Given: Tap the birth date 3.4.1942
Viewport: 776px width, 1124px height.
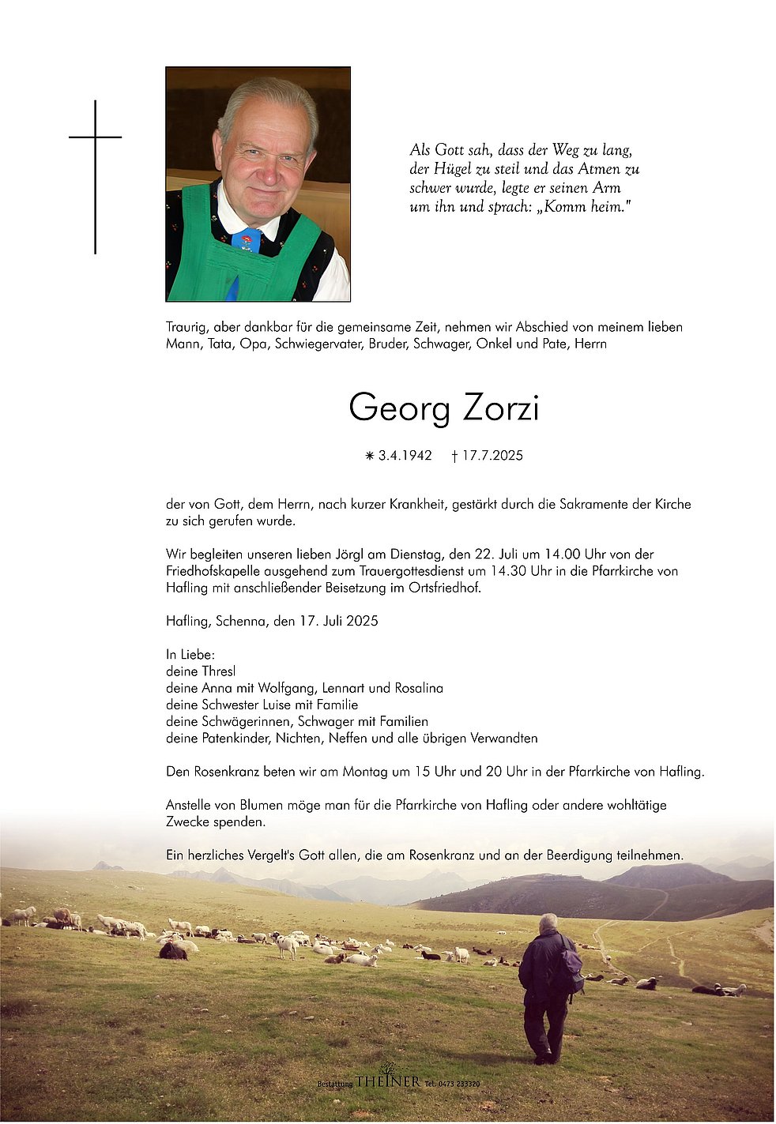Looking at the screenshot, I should click(405, 456).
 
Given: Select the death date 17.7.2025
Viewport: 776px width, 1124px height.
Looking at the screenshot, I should click(492, 456).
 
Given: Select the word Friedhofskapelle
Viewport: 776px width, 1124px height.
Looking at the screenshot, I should click(214, 571).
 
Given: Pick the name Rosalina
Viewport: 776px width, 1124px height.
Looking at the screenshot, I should click(417, 688).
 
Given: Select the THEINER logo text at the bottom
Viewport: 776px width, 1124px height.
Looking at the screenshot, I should click(387, 1081).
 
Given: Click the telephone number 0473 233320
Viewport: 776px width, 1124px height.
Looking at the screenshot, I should click(458, 1084).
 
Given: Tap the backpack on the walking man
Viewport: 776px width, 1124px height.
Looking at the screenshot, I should click(571, 964).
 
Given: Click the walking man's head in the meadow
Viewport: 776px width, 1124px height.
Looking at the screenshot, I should click(548, 922).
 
